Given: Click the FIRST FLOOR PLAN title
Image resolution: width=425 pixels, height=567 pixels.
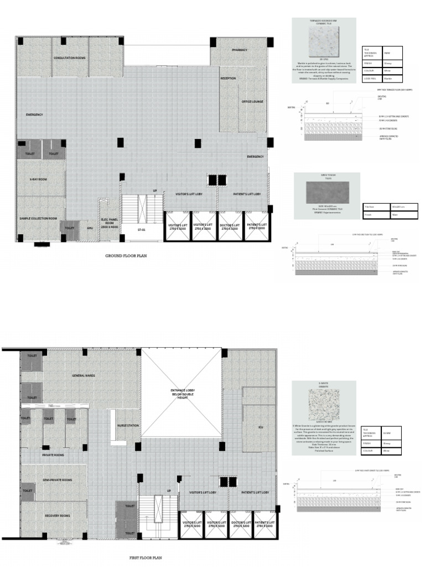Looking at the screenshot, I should click(x=145, y=558).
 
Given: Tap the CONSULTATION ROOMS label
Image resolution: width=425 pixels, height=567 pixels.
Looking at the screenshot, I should click(x=70, y=58).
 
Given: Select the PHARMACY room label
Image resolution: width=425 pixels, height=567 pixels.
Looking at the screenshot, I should click(x=240, y=50).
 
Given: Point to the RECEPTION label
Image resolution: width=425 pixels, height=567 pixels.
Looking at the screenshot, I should click(x=228, y=79).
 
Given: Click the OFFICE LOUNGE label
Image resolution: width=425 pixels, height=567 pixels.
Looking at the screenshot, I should click(x=253, y=102).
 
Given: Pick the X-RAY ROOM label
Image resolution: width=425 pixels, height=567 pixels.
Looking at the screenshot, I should click(x=38, y=180).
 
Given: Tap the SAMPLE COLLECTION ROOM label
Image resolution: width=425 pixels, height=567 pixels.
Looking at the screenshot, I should click(x=38, y=219).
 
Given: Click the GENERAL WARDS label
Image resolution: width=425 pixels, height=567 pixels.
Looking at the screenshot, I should click(x=83, y=376).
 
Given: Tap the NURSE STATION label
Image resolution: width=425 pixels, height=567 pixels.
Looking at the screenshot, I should click(x=128, y=425).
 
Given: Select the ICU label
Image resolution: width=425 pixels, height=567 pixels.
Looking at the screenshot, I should click(x=260, y=427).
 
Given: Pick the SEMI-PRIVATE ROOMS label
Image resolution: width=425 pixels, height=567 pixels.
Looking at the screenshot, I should click(x=58, y=480).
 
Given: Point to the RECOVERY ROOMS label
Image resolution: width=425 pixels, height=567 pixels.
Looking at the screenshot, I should click(x=58, y=516).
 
